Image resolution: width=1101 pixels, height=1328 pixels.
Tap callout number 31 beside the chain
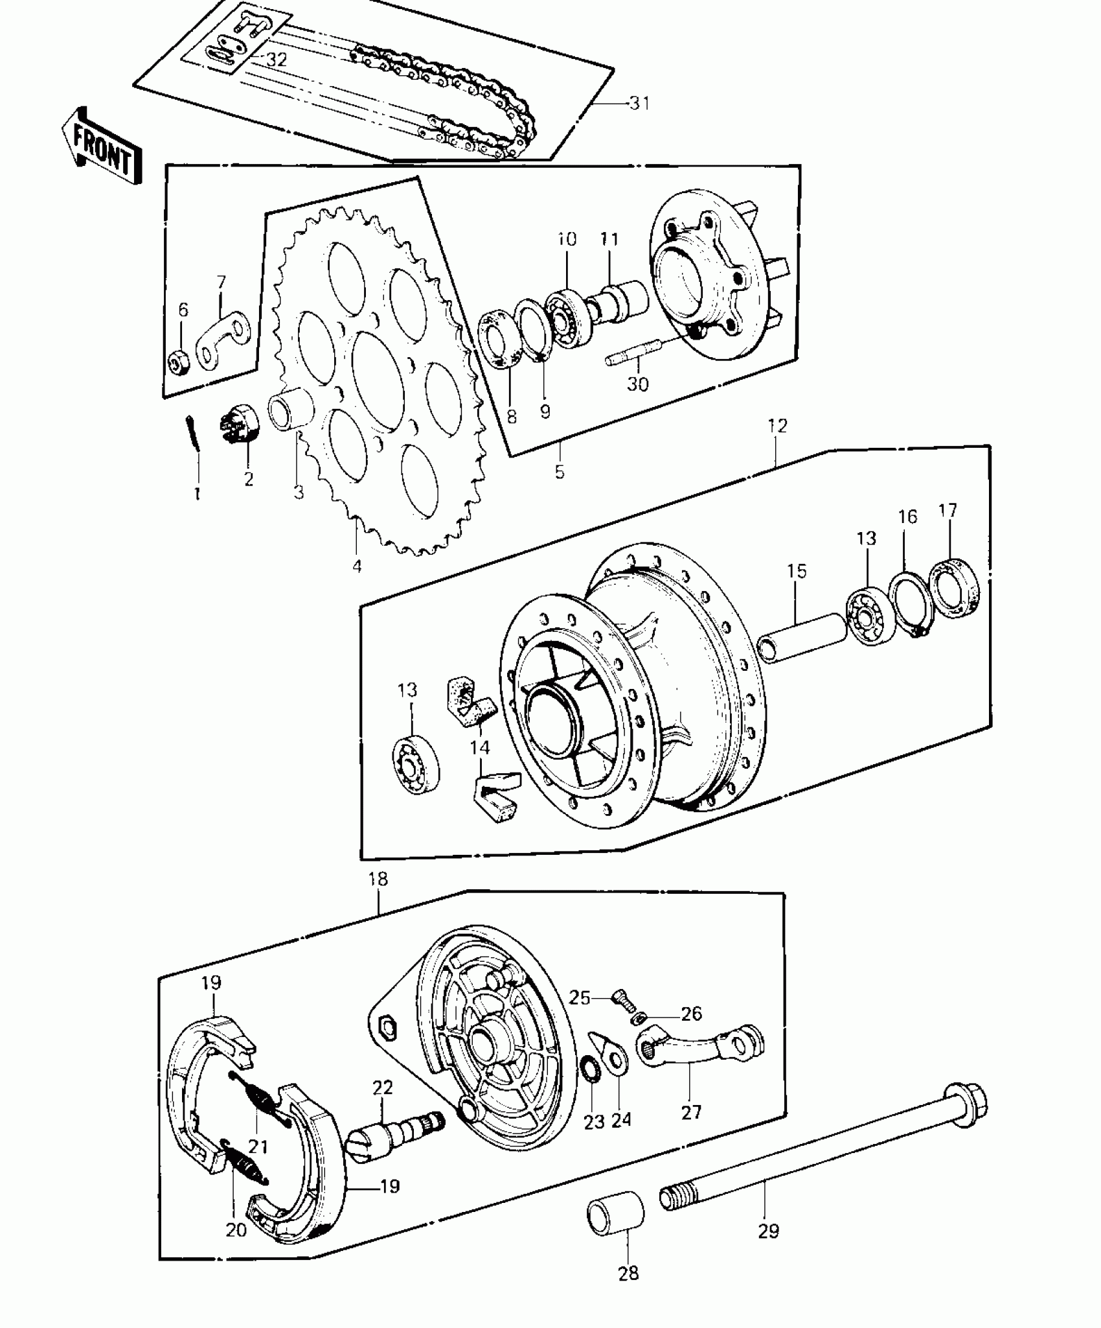tap(639, 104)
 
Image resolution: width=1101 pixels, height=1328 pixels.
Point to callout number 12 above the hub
tap(777, 426)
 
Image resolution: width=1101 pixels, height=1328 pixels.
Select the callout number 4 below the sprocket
tap(357, 566)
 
